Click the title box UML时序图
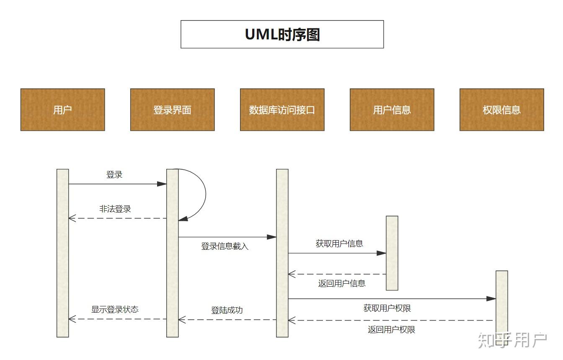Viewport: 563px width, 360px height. coord(282,34)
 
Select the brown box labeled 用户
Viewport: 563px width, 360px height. coord(62,110)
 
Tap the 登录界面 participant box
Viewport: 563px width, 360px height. coord(172,110)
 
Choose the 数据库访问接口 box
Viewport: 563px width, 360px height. coord(282,110)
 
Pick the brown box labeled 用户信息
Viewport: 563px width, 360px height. coord(392,110)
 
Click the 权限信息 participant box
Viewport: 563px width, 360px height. coord(501,110)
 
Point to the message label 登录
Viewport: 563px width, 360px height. coord(114,175)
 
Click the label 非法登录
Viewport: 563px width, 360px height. coord(115,209)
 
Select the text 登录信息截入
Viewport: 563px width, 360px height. coord(225,246)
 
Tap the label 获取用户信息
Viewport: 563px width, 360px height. coord(339,243)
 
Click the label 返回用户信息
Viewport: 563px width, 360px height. coord(342,283)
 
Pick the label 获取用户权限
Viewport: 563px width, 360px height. coord(387,308)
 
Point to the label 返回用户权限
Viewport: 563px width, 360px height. coord(391,329)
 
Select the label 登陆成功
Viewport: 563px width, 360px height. coord(227,310)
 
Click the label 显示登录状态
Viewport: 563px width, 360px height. coord(115,309)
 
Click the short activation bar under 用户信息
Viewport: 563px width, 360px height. coord(392,253)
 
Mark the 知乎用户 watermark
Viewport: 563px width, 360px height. coord(512,340)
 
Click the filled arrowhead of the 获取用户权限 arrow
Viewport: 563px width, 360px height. coord(491,299)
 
